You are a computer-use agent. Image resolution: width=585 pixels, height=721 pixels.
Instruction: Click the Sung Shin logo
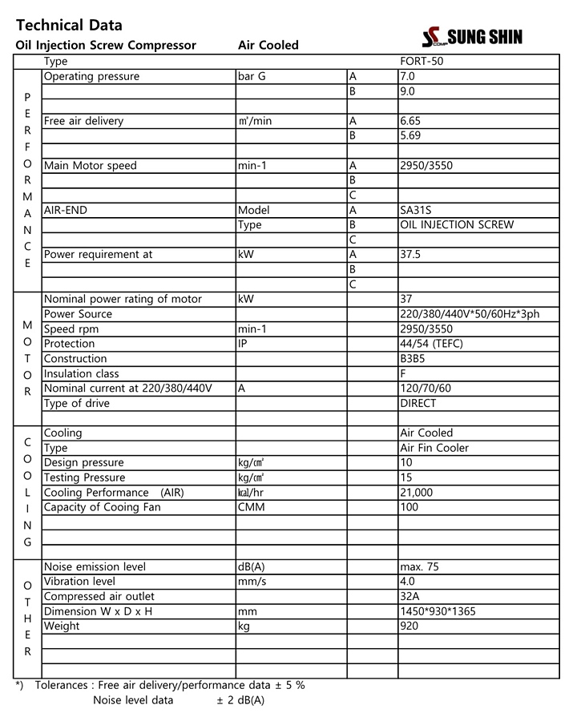[472, 37]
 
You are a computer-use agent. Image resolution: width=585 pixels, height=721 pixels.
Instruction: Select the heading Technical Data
[69, 26]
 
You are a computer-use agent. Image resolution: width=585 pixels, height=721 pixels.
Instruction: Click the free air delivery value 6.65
[410, 121]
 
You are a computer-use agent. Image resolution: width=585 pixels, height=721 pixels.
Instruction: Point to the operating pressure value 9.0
[407, 91]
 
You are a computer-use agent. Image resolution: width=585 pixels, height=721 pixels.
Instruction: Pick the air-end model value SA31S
[416, 210]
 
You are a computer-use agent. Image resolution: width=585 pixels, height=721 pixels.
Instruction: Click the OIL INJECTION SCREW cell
[457, 225]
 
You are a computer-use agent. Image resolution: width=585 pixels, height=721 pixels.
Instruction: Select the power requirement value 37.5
[410, 255]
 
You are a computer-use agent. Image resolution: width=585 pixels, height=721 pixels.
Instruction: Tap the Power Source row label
[78, 314]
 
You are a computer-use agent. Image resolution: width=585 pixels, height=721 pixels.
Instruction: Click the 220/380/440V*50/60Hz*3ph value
[470, 314]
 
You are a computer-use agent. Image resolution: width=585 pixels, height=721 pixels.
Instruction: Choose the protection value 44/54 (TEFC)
[431, 344]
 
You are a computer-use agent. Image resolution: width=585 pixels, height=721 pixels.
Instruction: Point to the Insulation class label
[81, 373]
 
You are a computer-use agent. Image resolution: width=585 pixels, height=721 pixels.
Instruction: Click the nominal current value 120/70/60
[426, 389]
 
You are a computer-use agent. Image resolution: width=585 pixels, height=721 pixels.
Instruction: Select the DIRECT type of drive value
[418, 404]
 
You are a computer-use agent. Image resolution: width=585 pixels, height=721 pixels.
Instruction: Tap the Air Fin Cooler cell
[434, 448]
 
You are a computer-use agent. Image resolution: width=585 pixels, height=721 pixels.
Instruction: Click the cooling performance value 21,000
[416, 493]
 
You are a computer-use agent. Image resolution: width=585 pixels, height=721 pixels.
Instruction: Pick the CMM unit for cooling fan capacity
[251, 507]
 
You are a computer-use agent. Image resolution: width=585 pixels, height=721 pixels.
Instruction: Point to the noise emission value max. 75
[419, 566]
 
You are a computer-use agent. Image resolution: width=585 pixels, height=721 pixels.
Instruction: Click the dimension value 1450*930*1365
[437, 611]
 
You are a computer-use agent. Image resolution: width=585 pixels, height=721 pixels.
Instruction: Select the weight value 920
[409, 626]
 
